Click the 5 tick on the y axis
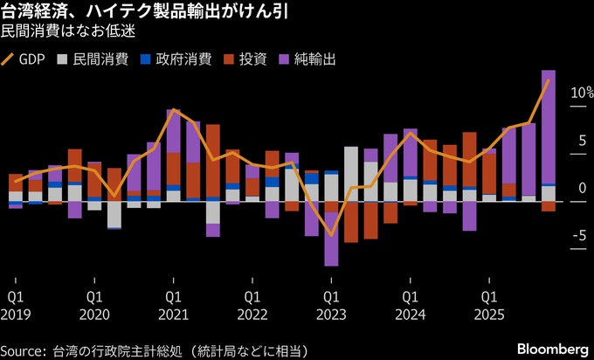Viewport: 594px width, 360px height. click(x=581, y=140)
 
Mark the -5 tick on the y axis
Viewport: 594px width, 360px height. click(x=578, y=235)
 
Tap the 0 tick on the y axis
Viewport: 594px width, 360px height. click(x=581, y=188)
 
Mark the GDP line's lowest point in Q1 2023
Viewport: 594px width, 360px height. click(x=331, y=234)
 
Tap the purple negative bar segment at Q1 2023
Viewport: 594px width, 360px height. click(x=331, y=250)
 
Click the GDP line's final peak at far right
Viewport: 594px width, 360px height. click(x=549, y=80)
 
